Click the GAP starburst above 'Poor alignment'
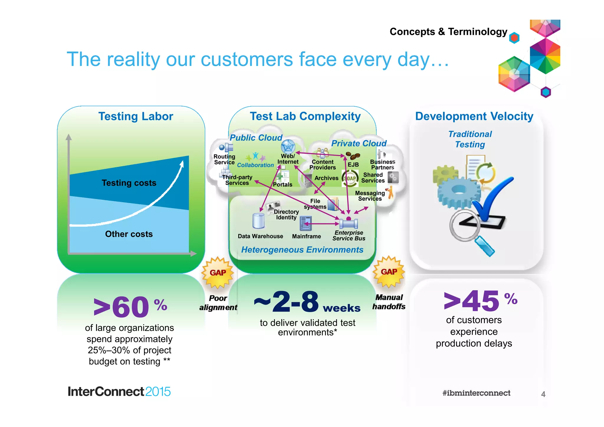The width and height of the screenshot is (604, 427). [x=218, y=273]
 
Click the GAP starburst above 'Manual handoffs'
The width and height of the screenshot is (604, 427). [x=389, y=272]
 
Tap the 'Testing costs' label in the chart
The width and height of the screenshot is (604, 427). [x=129, y=183]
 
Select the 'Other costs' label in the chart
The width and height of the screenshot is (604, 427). [x=129, y=234]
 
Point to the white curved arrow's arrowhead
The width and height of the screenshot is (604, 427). [x=182, y=163]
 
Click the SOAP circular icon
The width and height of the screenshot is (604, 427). [x=350, y=178]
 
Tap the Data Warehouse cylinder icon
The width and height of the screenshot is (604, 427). [x=258, y=221]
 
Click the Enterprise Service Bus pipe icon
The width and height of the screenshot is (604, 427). [x=349, y=223]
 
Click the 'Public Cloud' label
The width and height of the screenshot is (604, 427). [x=256, y=138]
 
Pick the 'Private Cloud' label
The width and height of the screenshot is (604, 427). [x=359, y=143]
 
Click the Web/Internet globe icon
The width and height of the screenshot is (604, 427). [x=288, y=146]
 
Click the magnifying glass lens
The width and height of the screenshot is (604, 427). [x=465, y=225]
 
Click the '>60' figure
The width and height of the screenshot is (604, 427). [x=121, y=307]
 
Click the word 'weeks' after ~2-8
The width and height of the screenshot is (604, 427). [x=342, y=308]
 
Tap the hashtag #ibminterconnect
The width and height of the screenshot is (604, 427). [x=476, y=393]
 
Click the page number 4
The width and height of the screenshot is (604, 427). [x=543, y=394]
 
